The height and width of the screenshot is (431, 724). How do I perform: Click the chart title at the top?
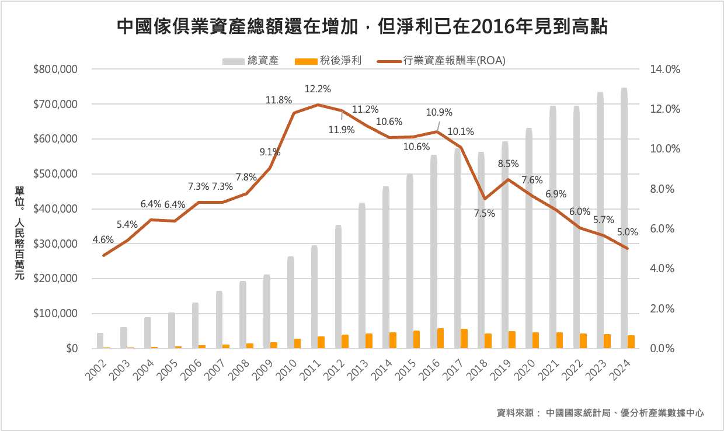[x=362, y=26]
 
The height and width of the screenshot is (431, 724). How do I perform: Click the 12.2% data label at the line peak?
[x=318, y=89]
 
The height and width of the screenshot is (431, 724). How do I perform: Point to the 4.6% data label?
[x=103, y=239]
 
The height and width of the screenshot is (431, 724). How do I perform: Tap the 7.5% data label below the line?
[x=484, y=214]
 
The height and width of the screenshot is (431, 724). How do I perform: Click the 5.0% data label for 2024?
[x=627, y=232]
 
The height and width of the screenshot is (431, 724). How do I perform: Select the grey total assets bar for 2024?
[x=624, y=222]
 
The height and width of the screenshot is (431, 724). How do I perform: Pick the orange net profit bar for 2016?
[x=440, y=338]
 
